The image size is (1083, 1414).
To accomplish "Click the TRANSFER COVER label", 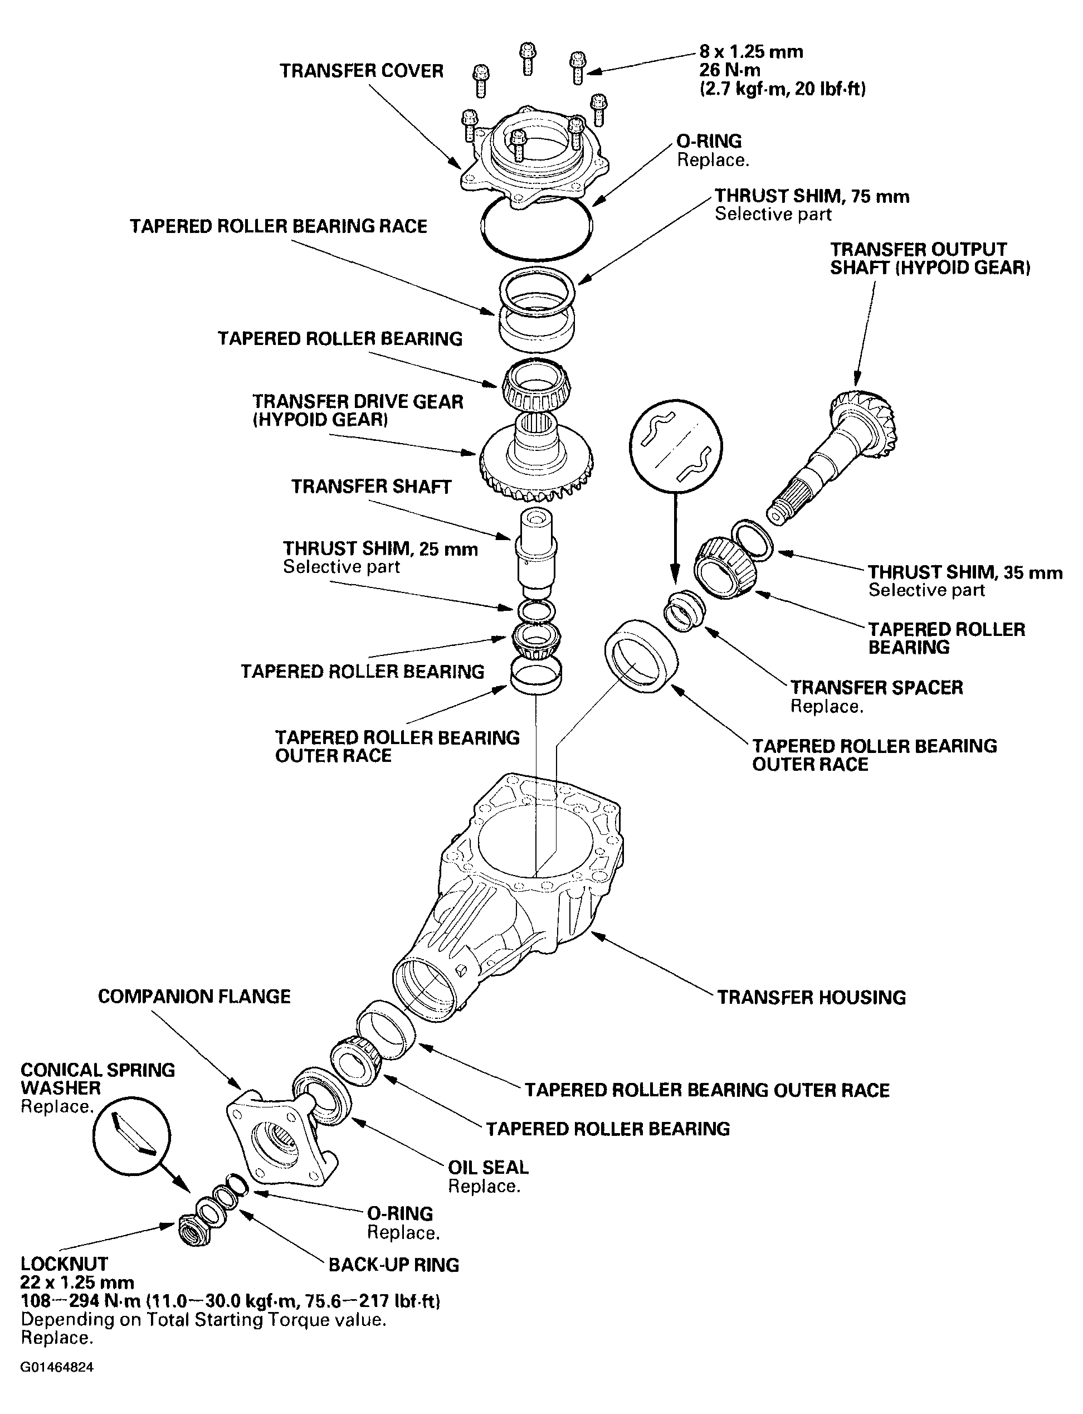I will [361, 71].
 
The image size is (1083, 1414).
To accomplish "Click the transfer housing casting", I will [516, 903].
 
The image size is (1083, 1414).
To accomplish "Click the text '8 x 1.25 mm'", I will [751, 52].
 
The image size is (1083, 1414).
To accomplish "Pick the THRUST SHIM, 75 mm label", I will [812, 196].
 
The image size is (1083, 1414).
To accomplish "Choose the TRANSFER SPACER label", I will [876, 687].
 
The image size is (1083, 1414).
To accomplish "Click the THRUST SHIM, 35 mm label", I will [964, 572].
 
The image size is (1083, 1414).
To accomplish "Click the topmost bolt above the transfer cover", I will [528, 58].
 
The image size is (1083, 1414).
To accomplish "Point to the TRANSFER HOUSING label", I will [812, 998].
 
